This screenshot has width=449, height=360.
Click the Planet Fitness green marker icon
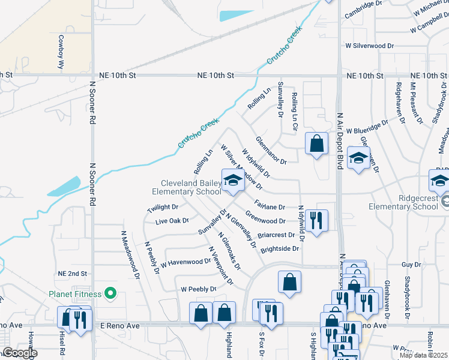coord(110,293)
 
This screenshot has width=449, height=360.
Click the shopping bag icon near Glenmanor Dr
coord(316,144)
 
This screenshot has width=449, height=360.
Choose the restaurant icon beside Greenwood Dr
coord(316,220)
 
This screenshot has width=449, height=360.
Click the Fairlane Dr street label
coord(269,206)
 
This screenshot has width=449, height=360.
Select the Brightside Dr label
coord(279,248)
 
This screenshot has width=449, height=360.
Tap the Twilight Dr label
coord(163,208)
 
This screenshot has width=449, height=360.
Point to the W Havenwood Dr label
coord(185,262)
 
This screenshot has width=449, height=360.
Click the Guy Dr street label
coord(411,264)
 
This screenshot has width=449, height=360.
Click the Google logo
coord(20,353)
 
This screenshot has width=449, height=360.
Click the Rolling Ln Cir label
coord(295,112)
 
